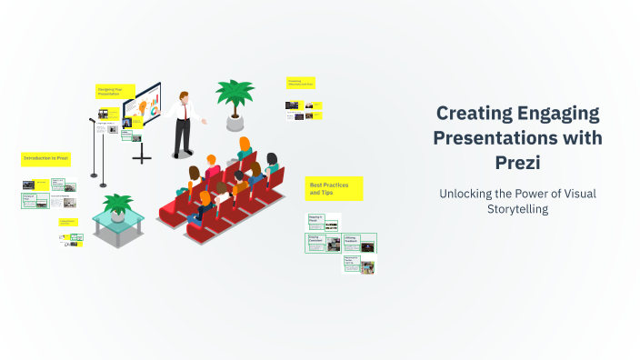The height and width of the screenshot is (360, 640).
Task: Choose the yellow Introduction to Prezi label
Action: point(46,158)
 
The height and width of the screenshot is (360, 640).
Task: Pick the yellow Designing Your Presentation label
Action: point(115,91)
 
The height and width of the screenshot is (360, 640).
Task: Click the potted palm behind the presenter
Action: point(235,96)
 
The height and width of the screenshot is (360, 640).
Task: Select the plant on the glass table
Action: point(117,204)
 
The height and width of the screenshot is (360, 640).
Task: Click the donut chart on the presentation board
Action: point(154,109)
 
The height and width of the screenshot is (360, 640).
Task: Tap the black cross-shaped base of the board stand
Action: point(142,156)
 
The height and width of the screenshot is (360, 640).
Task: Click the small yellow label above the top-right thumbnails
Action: point(300,83)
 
